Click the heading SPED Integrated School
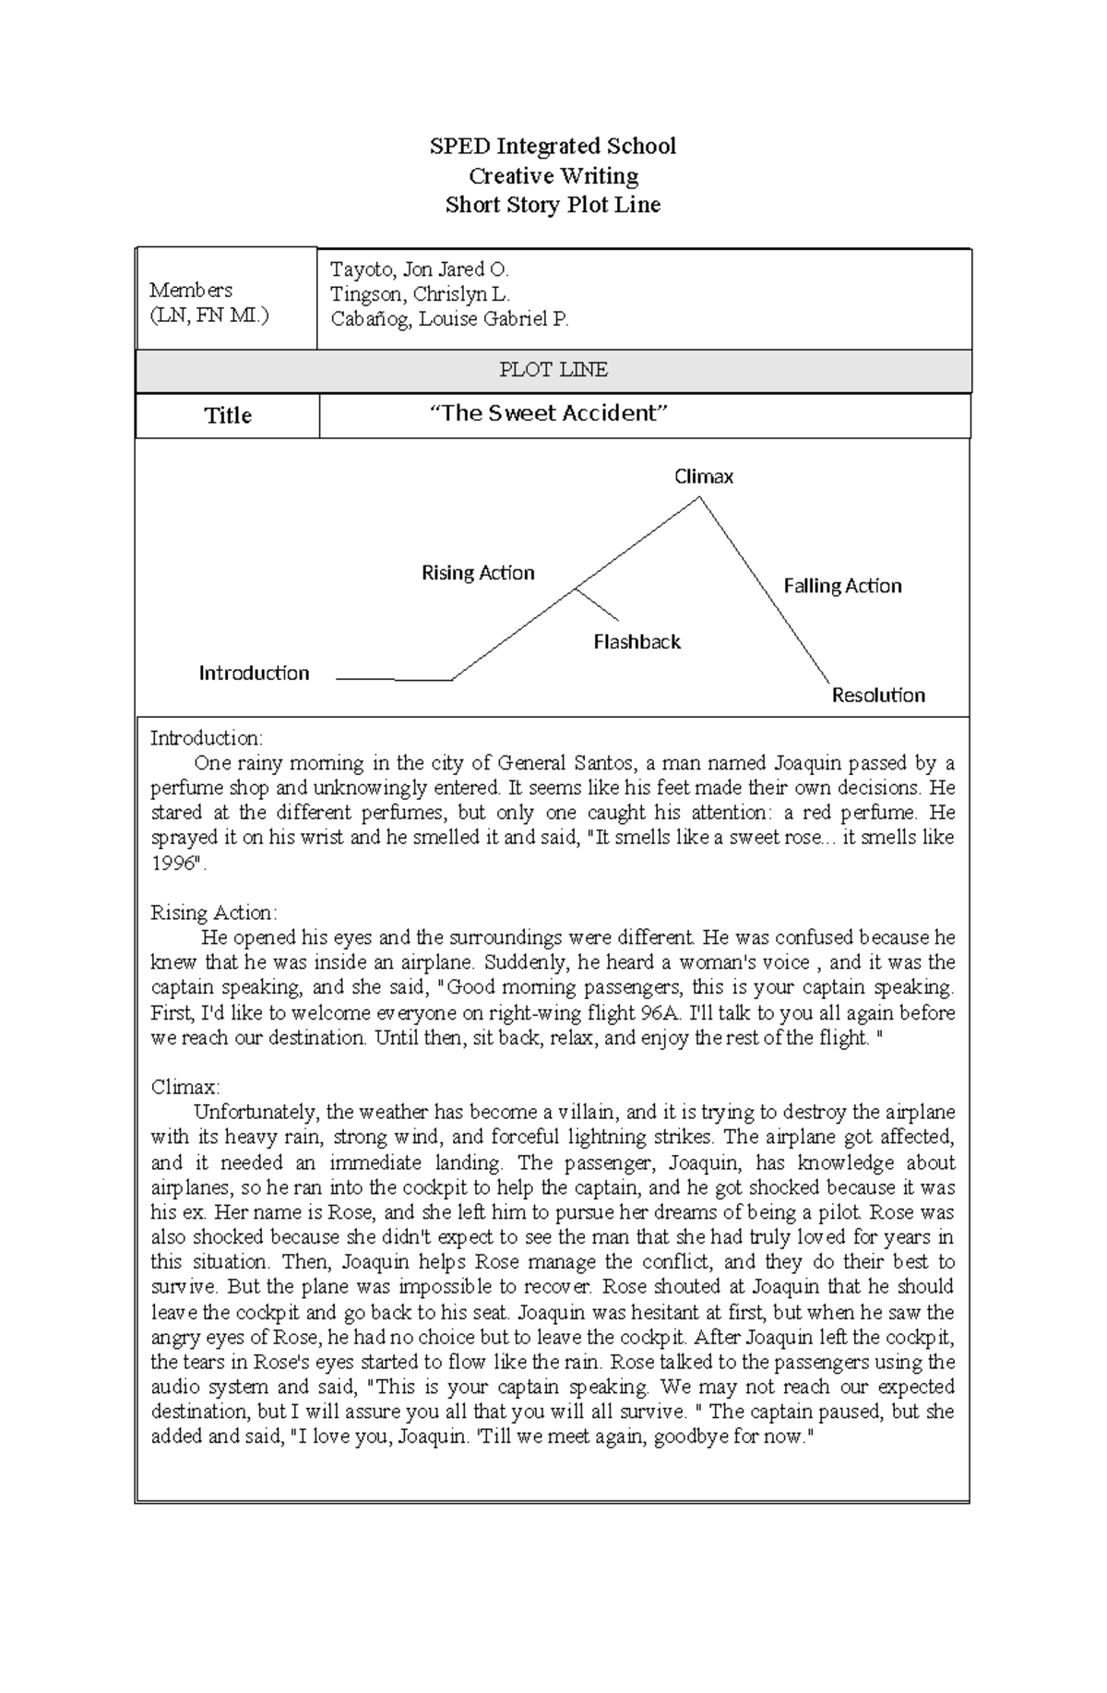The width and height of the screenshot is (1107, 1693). point(553,146)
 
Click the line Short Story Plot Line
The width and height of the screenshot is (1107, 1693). point(553,205)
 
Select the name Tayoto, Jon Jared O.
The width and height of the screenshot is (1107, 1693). point(419,269)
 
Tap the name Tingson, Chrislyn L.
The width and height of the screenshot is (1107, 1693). point(420,294)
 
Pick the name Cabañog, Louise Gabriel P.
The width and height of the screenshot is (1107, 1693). point(449,319)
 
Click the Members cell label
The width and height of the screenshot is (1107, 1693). point(191,290)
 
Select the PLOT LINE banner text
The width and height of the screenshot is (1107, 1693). point(553,370)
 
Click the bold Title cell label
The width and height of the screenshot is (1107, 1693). point(227,416)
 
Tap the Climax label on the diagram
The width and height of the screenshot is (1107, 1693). point(704,477)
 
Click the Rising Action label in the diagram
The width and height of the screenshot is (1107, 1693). point(478,573)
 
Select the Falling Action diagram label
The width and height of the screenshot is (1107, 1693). point(842,586)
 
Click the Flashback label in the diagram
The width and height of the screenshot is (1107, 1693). point(637,642)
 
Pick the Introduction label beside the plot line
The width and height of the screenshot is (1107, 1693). point(254,674)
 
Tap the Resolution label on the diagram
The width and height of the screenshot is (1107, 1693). point(878,696)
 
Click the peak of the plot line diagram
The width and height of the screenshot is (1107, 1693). point(699,498)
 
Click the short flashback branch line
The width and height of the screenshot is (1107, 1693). point(598,605)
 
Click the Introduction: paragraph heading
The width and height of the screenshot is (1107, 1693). point(207,738)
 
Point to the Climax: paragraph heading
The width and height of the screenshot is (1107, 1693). point(185,1087)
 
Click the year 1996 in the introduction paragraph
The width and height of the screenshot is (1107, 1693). point(175,864)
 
